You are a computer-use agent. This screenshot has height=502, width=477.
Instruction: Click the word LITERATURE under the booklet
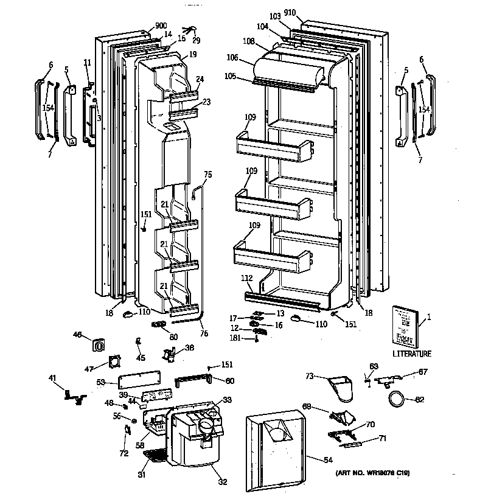[x=411, y=353]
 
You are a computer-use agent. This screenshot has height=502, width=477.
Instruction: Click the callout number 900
[x=161, y=26]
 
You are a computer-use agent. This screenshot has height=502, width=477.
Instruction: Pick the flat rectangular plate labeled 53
[x=141, y=384]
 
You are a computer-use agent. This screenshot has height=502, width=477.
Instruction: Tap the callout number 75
[x=207, y=175]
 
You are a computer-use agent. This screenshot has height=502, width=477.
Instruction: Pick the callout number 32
[x=222, y=483]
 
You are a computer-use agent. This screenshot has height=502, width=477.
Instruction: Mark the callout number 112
[x=246, y=279]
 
